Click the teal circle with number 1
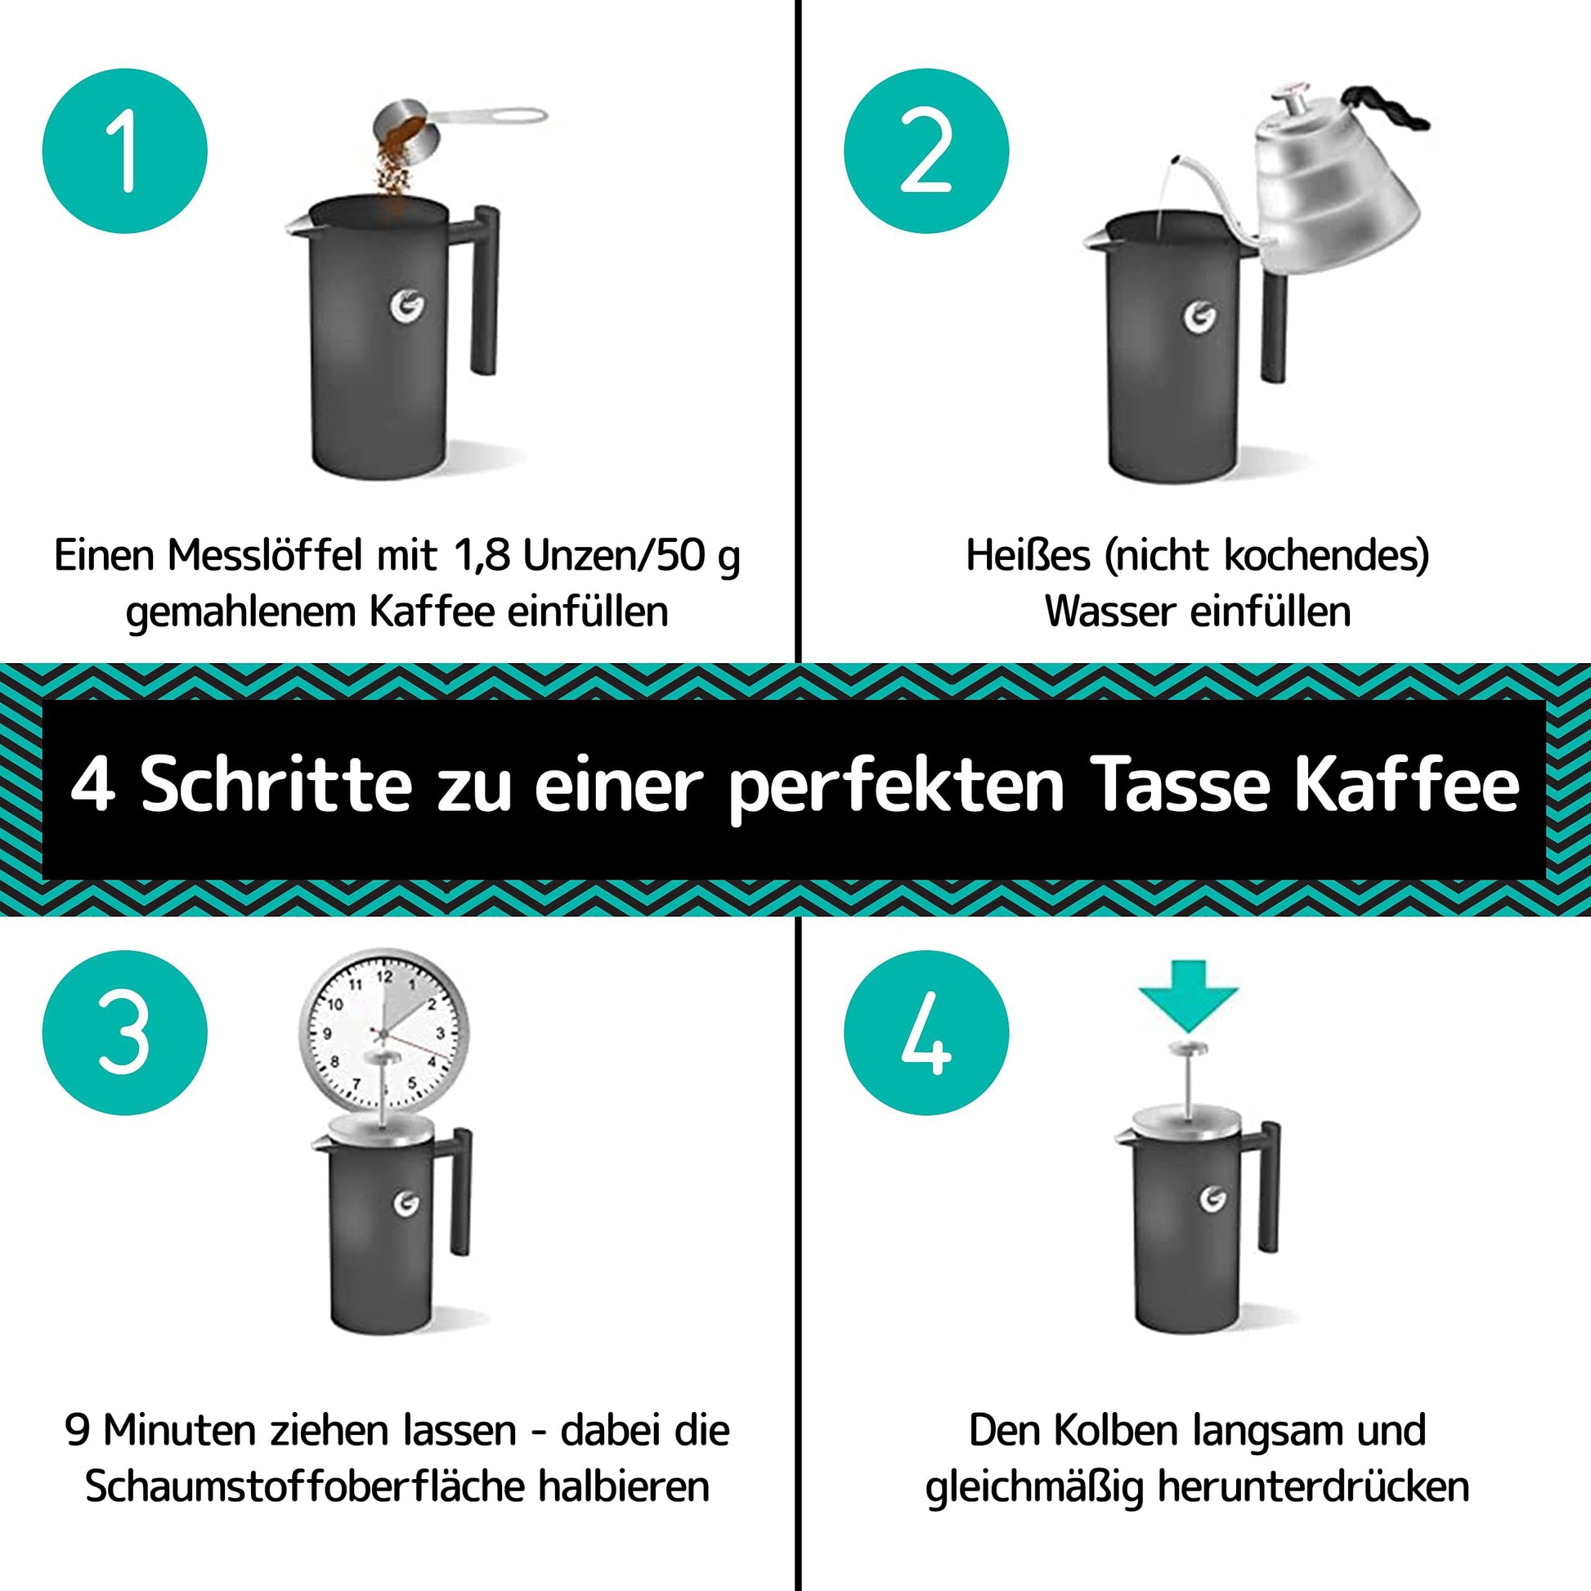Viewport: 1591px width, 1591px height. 124,150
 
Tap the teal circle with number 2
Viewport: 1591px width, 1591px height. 925,150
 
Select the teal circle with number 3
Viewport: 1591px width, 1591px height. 124,1033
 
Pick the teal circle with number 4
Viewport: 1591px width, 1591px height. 925,1033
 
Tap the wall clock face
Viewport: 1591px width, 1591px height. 383,1033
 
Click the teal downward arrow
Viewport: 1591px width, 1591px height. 1188,995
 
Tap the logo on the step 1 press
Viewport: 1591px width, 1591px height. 407,305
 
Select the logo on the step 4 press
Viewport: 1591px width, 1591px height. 1212,1200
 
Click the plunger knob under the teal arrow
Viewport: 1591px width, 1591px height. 1188,1048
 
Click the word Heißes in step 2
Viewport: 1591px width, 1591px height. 1029,556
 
